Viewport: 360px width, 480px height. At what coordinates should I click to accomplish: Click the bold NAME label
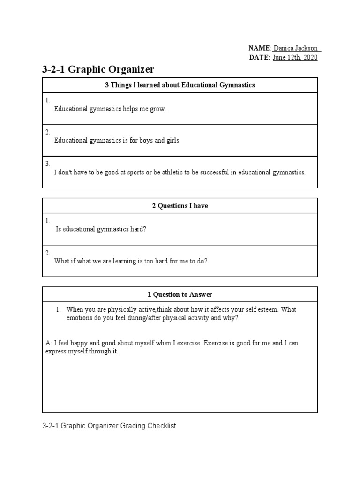coord(259,48)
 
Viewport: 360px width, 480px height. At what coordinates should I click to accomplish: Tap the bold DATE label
coord(259,57)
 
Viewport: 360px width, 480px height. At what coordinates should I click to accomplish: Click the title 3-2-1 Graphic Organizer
coord(98,70)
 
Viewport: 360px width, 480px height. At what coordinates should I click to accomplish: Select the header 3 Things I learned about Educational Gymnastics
coord(180,85)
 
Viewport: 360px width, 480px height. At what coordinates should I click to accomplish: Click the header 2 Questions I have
coord(180,206)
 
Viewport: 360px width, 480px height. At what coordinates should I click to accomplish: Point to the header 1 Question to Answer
coord(180,294)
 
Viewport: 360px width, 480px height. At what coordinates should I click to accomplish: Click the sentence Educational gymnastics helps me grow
coord(110,109)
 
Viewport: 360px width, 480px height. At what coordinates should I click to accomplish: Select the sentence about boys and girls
coord(117,140)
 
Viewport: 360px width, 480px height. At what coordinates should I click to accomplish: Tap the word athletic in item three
coord(171,172)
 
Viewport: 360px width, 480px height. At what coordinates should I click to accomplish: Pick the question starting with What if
coord(131,261)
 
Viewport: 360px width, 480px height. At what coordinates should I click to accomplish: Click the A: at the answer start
coord(48,343)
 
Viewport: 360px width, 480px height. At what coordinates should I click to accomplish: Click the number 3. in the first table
coord(48,164)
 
